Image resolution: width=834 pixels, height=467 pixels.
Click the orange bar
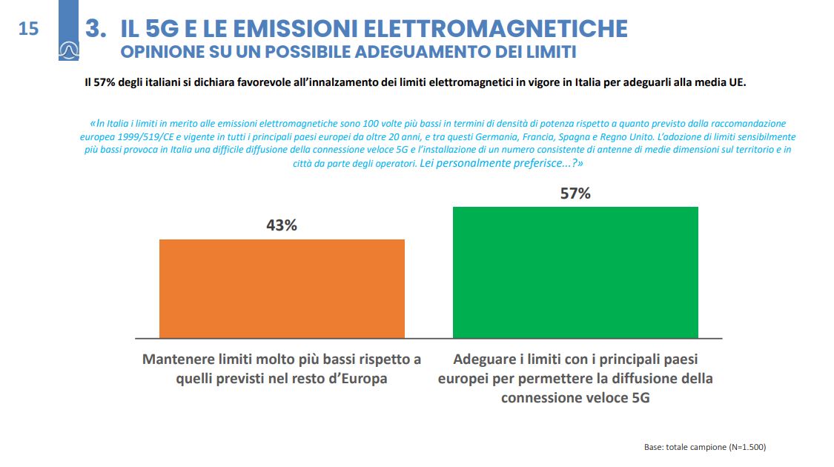tap(282, 288)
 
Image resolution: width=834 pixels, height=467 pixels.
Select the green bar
tap(575, 272)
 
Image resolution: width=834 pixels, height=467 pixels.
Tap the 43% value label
tap(282, 225)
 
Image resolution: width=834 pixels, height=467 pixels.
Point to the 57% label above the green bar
tap(575, 193)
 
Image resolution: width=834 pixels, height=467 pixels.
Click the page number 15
tap(28, 29)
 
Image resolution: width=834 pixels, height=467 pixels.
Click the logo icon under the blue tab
tap(69, 50)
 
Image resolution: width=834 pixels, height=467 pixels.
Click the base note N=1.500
tap(747, 447)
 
